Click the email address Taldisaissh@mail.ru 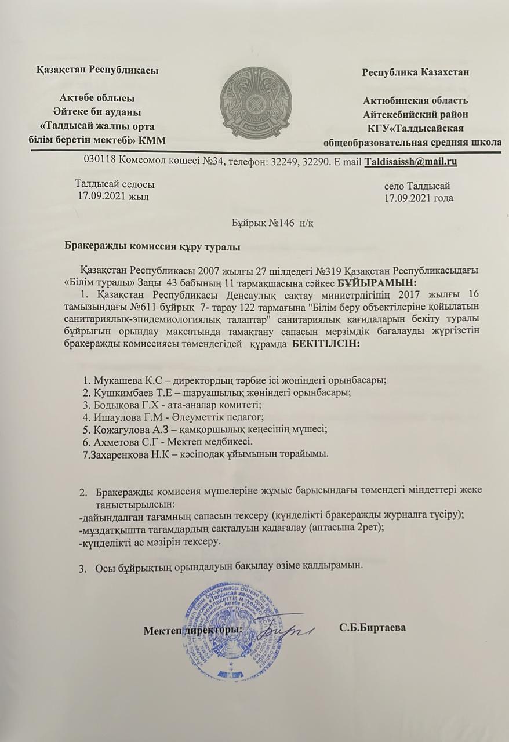coord(410,162)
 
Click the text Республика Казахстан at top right coord(415,72)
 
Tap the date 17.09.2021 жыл coord(114,197)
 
